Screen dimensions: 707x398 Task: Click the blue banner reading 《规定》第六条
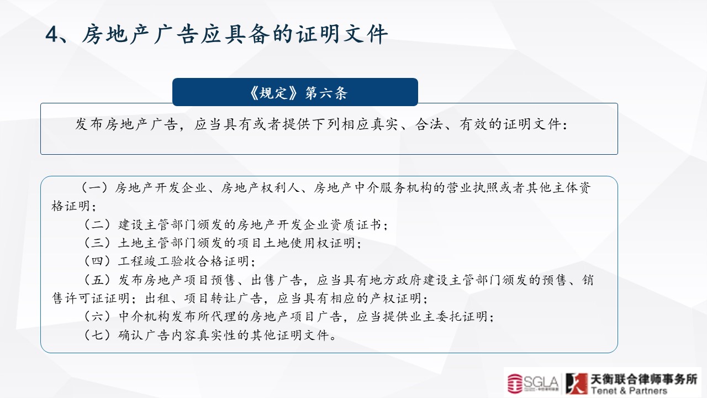tap(295, 92)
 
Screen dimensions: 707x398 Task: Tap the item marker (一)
tap(94, 187)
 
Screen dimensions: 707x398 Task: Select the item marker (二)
tap(97, 224)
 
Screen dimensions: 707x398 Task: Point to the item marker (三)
tap(97, 243)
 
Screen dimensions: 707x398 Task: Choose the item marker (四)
tap(97, 261)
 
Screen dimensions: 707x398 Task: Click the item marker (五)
tap(97, 280)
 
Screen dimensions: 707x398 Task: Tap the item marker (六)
tap(97, 316)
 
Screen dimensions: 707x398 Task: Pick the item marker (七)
tap(97, 335)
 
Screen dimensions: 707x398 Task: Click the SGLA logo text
tap(540, 383)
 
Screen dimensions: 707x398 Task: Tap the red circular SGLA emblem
tap(515, 384)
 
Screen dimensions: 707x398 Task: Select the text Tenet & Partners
tap(629, 391)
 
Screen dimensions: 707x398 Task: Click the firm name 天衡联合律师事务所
tap(644, 379)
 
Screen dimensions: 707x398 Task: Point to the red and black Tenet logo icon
tap(577, 383)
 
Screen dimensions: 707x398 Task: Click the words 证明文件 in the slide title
tap(342, 34)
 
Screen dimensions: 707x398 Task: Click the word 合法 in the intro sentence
tap(429, 124)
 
